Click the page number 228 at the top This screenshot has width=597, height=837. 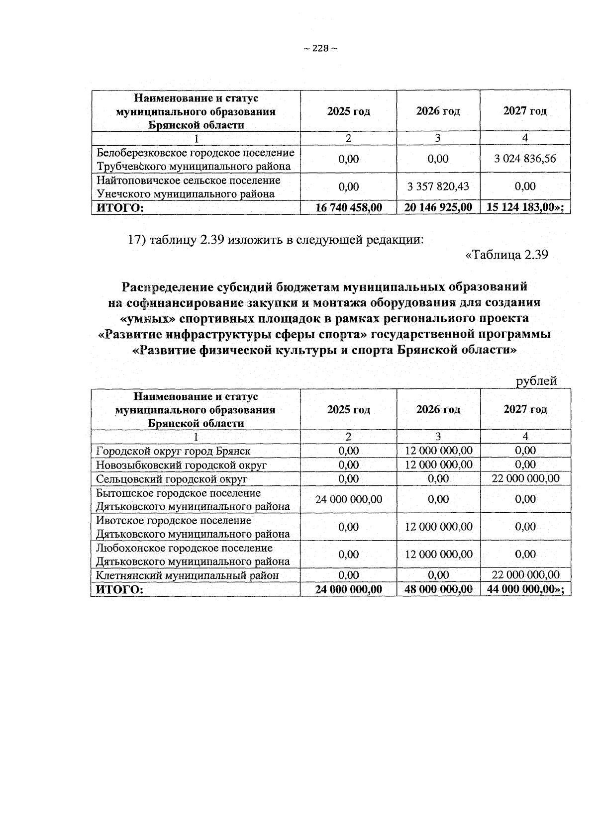click(x=320, y=48)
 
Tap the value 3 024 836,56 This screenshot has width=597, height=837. click(x=525, y=159)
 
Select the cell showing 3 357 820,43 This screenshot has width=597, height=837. click(x=438, y=186)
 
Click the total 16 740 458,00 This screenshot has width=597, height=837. click(x=349, y=207)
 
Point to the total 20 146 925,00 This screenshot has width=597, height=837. click(x=438, y=207)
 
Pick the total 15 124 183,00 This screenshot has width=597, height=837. click(x=524, y=207)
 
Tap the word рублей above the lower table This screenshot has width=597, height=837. click(x=536, y=381)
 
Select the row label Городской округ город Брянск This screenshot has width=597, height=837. click(x=173, y=451)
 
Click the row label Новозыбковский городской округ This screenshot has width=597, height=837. click(x=181, y=465)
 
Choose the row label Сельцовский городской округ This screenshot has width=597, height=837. click(x=172, y=479)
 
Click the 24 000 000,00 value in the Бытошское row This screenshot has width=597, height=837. click(x=349, y=499)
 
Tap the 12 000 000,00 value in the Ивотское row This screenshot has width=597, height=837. click(x=438, y=527)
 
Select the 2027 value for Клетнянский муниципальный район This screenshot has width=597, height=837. click(x=525, y=575)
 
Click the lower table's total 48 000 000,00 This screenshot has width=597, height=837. click(x=438, y=590)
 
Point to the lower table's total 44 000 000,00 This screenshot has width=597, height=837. click(x=524, y=590)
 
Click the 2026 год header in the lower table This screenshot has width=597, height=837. click(x=438, y=410)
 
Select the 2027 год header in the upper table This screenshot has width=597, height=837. click(x=525, y=111)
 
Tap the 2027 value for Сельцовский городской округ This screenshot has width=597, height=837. click(x=525, y=479)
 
